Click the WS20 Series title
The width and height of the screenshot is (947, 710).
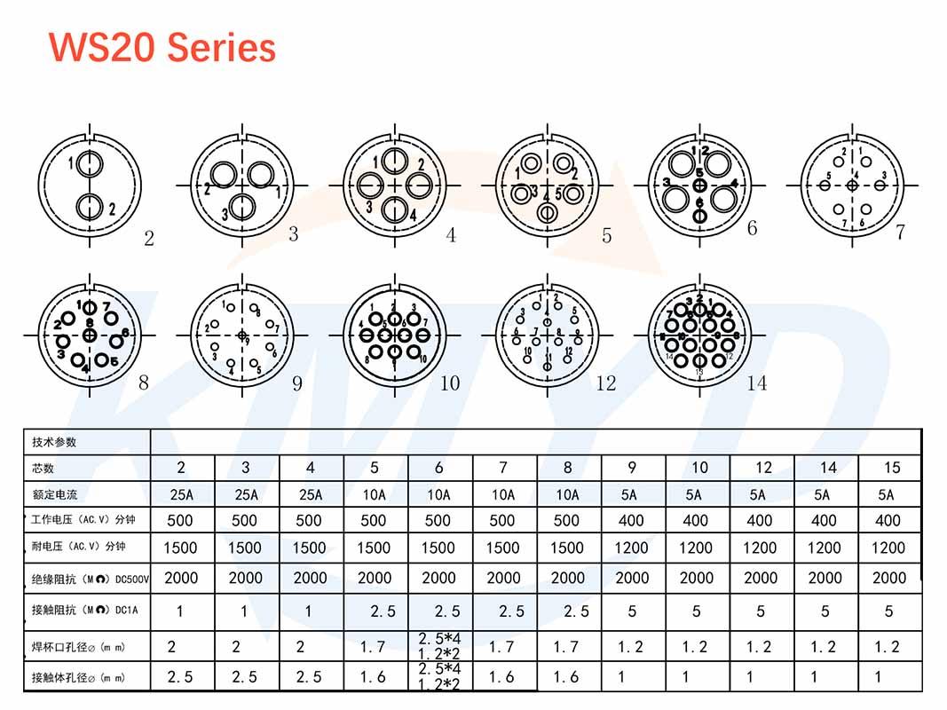click(162, 46)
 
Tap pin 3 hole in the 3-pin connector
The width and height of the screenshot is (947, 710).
click(242, 208)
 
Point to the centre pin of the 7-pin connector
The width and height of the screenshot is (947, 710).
click(852, 185)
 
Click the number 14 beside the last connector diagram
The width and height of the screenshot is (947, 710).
click(757, 383)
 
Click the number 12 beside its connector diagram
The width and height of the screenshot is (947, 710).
click(606, 383)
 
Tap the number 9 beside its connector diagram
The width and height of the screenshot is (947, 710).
click(296, 383)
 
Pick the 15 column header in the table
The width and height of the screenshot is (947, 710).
click(891, 468)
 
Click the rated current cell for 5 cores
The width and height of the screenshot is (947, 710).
click(374, 494)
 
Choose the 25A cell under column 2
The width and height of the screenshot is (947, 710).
click(181, 494)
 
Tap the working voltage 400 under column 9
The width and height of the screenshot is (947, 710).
click(631, 521)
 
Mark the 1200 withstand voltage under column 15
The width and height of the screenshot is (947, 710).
click(888, 548)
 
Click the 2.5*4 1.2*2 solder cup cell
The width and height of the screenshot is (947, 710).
click(439, 645)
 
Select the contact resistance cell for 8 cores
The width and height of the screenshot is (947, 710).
click(568, 611)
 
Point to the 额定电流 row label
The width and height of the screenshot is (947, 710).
click(54, 494)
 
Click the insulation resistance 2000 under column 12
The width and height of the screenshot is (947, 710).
click(761, 578)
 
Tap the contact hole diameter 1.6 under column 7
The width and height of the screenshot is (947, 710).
click(502, 677)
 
